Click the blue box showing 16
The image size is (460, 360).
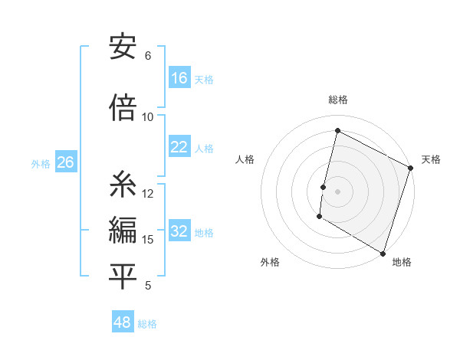(179, 78)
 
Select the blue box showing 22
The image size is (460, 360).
(179, 148)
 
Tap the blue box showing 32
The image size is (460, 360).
(179, 232)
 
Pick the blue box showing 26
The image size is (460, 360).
(65, 163)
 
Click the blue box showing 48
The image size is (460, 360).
(123, 322)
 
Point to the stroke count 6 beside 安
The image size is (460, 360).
(148, 55)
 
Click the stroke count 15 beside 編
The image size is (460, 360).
(148, 240)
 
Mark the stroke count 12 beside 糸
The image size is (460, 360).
(148, 193)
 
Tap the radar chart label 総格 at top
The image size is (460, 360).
(338, 100)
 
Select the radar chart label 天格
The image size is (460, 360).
(431, 159)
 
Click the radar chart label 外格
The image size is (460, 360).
(270, 262)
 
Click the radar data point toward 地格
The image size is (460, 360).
(383, 253)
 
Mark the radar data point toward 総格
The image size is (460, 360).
(337, 131)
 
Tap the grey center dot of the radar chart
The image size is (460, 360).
(337, 191)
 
